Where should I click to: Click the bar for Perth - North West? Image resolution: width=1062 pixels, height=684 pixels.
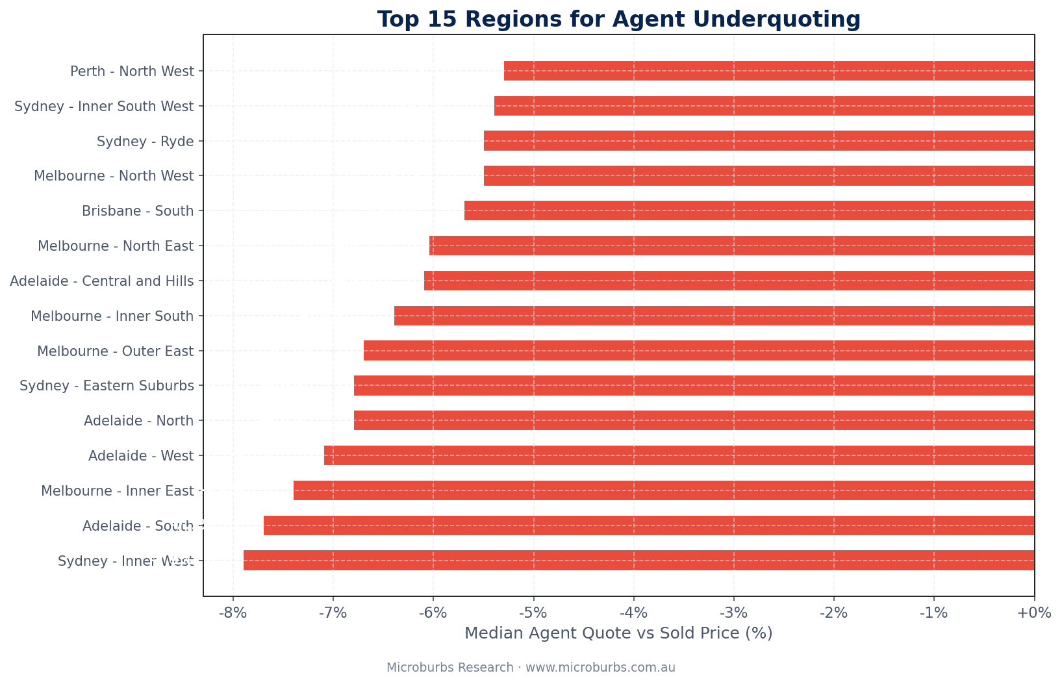coord(768,71)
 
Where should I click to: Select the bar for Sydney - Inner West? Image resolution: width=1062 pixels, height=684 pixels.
coord(638,560)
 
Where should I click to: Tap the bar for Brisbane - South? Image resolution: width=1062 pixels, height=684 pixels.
coord(749,210)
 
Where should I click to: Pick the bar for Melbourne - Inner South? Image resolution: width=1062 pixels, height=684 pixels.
coord(714,316)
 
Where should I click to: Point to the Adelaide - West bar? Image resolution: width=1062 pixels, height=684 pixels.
coord(679,455)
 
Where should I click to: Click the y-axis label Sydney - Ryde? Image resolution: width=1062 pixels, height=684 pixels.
coord(145,141)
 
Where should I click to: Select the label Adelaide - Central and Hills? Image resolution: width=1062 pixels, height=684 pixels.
coord(102,281)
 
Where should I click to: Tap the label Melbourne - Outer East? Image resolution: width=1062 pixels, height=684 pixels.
coord(115,351)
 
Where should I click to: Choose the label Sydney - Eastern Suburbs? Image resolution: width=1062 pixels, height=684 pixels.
coord(107,386)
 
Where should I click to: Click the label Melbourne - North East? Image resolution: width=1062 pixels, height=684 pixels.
coord(116,246)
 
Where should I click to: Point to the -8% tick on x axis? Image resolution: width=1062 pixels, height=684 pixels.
coord(233,613)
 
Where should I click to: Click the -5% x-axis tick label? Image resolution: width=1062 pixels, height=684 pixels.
coord(533,613)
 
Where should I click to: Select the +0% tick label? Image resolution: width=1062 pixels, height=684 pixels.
coord(1034,613)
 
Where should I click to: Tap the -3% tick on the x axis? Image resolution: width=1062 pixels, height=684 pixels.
coord(733,613)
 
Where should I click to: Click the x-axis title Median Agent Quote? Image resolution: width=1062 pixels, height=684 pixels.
coord(618,633)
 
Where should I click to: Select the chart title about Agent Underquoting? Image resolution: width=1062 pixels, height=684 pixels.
coord(618,19)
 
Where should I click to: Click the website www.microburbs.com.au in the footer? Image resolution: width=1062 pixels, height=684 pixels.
coord(600,668)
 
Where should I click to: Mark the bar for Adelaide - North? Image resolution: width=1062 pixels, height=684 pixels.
coord(694,420)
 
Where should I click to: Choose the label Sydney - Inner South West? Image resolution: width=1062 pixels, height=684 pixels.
coord(104,106)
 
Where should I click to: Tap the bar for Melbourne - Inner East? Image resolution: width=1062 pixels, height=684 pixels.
coord(664,490)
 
